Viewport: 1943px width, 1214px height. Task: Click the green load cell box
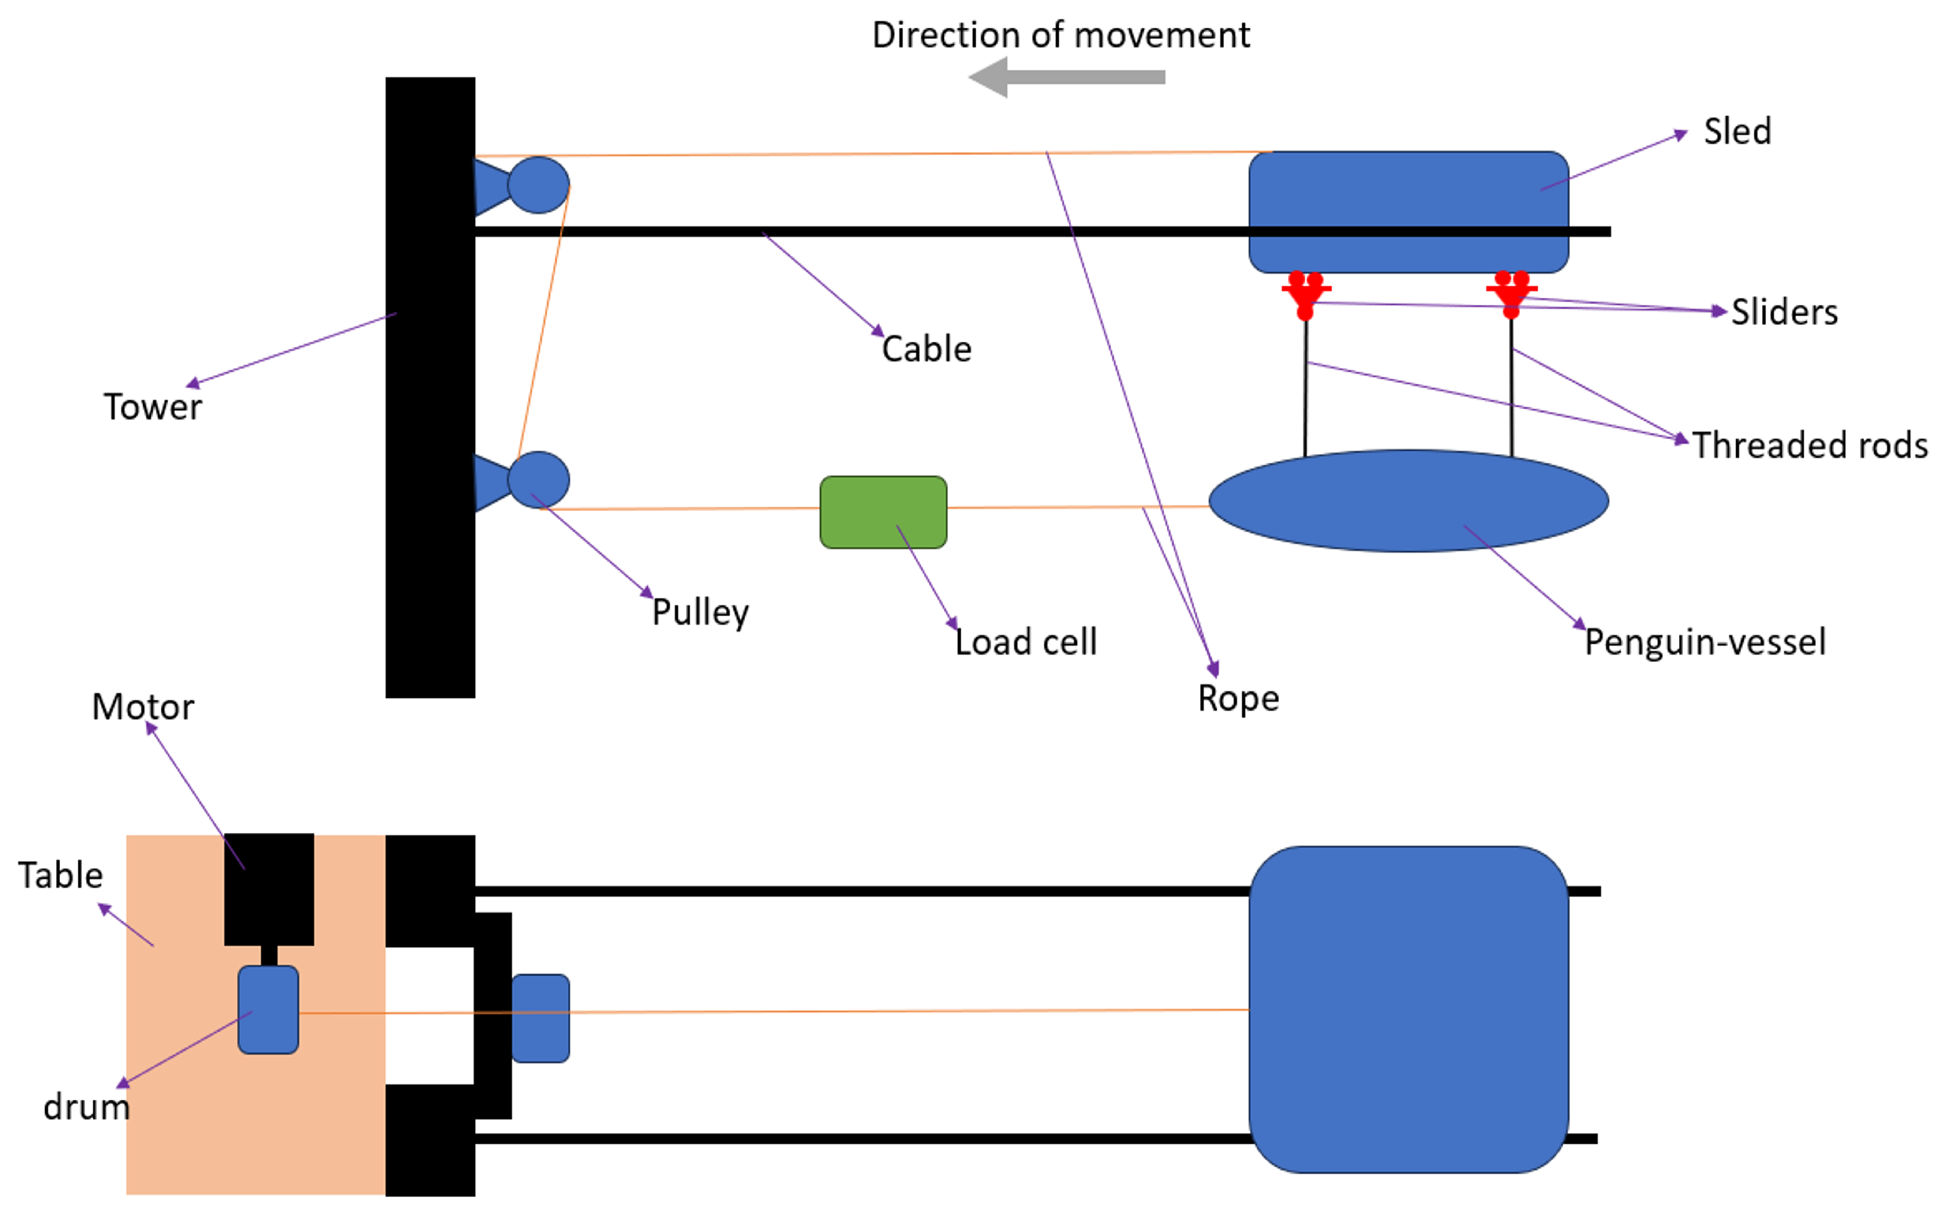(883, 512)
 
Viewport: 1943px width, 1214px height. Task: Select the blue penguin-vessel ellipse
(1409, 500)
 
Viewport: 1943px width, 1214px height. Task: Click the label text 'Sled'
(1738, 131)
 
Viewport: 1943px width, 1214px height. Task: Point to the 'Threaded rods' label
(1810, 445)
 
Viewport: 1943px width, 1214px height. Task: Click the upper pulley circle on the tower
(538, 184)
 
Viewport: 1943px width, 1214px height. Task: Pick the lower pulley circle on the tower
(538, 480)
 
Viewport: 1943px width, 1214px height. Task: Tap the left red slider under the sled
(1305, 295)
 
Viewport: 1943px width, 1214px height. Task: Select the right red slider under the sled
(1511, 294)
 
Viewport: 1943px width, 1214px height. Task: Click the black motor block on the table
(269, 889)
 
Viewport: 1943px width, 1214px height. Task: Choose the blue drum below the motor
(268, 1009)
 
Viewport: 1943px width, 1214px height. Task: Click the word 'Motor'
(143, 707)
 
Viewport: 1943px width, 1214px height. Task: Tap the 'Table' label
(61, 875)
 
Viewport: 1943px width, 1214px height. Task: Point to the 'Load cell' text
(1026, 642)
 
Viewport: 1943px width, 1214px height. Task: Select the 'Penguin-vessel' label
(1705, 642)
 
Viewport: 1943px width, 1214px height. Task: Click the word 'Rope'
(1238, 699)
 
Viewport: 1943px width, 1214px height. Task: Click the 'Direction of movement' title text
(1061, 34)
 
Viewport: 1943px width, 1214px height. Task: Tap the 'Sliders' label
(1784, 311)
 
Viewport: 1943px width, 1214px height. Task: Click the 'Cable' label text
(926, 349)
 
